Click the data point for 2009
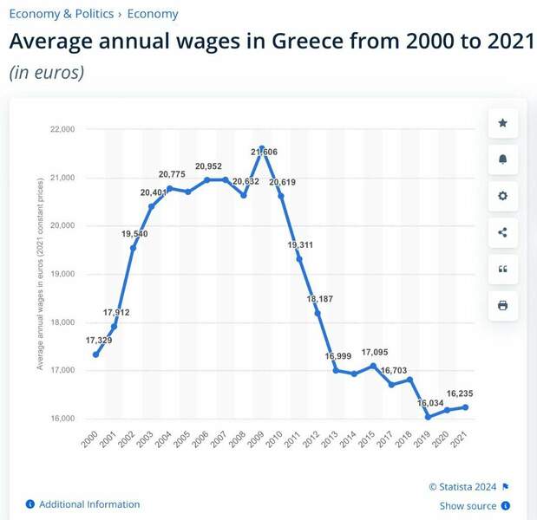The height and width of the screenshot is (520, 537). click(x=262, y=149)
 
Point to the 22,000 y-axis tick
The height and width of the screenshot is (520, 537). click(x=62, y=130)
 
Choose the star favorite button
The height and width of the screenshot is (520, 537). click(x=502, y=123)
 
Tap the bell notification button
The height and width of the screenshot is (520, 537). click(x=502, y=159)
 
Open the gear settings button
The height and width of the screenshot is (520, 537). click(x=502, y=196)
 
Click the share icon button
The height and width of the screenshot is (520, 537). click(x=502, y=232)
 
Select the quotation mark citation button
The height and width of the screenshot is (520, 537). click(x=502, y=269)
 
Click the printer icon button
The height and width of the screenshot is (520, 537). click(x=502, y=305)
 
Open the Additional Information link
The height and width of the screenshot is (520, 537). click(x=88, y=504)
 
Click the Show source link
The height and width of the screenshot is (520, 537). click(x=468, y=506)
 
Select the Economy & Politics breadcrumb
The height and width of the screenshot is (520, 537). click(x=61, y=14)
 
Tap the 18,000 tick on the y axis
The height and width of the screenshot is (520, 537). click(x=62, y=322)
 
